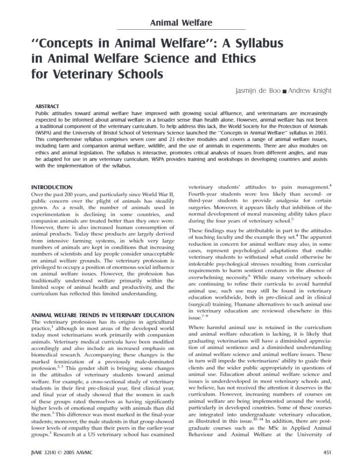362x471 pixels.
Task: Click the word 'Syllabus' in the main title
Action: (253, 43)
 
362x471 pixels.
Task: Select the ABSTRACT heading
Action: (47, 107)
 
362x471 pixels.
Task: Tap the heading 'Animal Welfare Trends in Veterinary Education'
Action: (103, 315)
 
